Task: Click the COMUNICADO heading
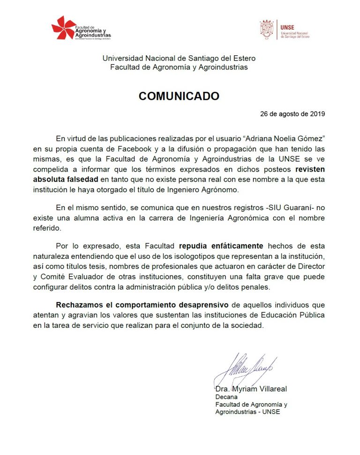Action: tap(179, 96)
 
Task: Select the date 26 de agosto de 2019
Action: tap(292, 114)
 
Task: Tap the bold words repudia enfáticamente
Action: tap(221, 246)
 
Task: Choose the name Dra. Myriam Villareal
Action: tap(251, 389)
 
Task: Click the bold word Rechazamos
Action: tap(77, 305)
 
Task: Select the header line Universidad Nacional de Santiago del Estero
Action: tap(179, 58)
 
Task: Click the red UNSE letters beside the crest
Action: tap(287, 26)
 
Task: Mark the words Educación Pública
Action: tap(297, 315)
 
